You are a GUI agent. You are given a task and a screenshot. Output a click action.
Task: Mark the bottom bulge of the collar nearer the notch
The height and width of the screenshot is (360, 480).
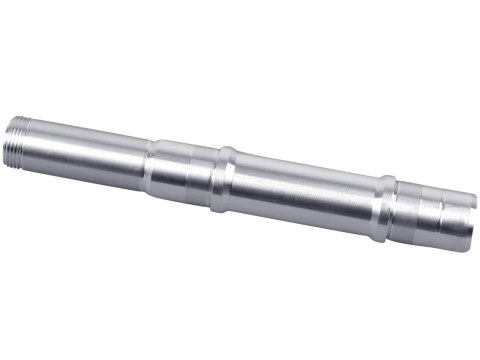(x=379, y=240)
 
